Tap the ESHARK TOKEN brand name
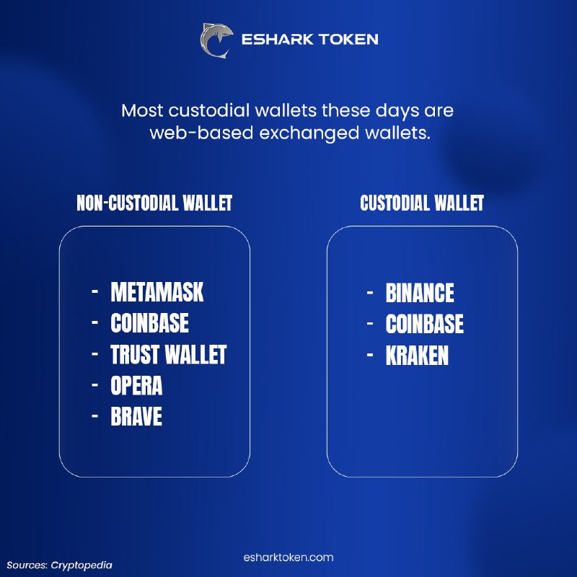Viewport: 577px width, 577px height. (x=310, y=40)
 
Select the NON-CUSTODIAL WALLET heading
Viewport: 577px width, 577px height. (x=154, y=203)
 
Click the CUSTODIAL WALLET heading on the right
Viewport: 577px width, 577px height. (x=422, y=203)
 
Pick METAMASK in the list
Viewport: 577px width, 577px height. (x=157, y=292)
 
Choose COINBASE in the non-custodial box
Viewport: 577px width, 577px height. (x=150, y=323)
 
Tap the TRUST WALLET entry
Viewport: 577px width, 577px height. (x=169, y=354)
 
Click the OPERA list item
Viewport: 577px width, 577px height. (x=136, y=385)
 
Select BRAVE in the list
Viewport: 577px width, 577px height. (x=136, y=416)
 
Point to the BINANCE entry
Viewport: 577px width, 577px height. (x=420, y=293)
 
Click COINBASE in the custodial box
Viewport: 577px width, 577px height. (x=425, y=324)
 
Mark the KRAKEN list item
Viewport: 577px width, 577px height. (x=418, y=355)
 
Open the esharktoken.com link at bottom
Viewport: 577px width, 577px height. (x=288, y=557)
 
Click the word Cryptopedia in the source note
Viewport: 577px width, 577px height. (x=82, y=565)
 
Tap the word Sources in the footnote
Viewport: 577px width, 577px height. (x=27, y=565)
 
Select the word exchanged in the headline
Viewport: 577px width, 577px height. (x=309, y=133)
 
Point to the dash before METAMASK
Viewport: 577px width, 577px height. (x=95, y=291)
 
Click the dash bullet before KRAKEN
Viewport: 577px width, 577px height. (x=370, y=355)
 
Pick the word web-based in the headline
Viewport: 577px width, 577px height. (x=202, y=133)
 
